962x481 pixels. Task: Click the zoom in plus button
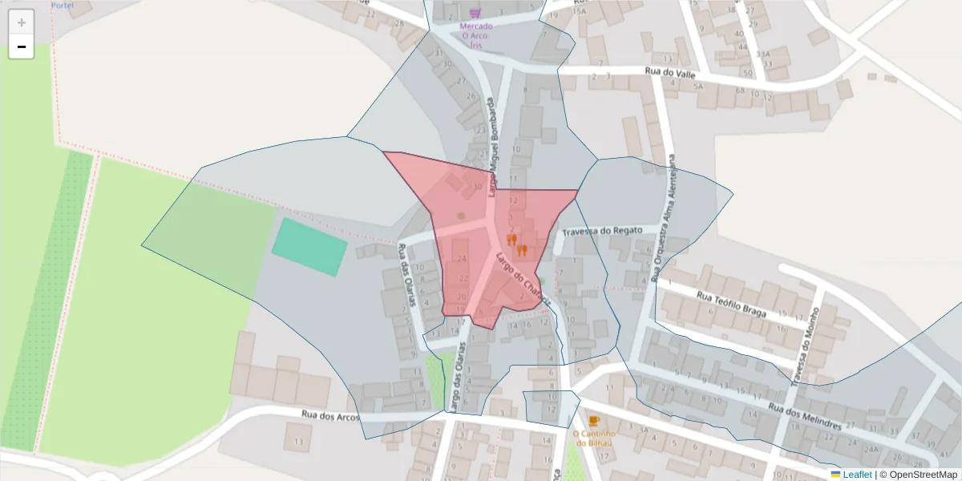pos(22,22)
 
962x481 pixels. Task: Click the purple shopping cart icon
pos(475,13)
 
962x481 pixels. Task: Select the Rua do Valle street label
pos(669,73)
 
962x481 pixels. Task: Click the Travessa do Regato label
pos(602,231)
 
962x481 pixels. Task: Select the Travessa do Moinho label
pos(805,346)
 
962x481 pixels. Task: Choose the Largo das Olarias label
pos(458,376)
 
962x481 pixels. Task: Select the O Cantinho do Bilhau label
pos(592,438)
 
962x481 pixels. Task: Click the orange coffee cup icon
pos(593,421)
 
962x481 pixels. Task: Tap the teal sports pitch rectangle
pos(309,247)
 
